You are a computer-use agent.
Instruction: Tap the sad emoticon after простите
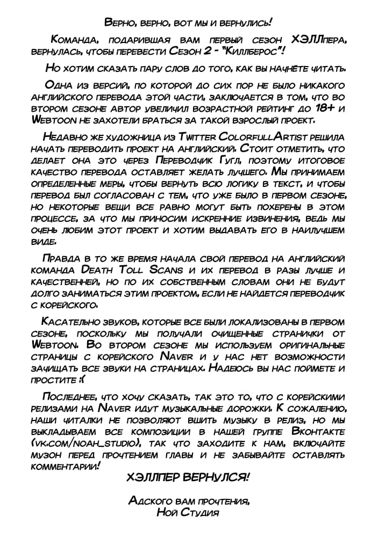point(81,380)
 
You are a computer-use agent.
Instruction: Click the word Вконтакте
point(318,431)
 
